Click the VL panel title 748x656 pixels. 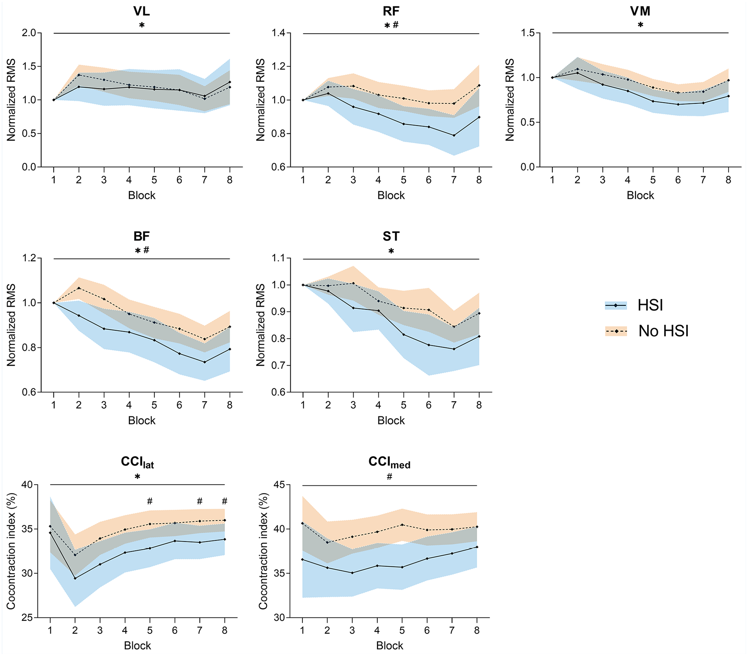tap(142, 11)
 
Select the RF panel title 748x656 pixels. tap(391, 11)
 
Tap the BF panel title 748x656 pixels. tap(142, 236)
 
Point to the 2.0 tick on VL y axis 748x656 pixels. tap(29, 33)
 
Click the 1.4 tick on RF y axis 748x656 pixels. tap(278, 33)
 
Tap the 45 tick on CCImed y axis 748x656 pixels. tap(280, 485)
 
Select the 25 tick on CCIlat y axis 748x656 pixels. tap(27, 617)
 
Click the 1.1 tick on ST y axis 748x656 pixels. tap(278, 258)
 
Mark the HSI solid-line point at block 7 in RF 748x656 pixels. tap(454, 135)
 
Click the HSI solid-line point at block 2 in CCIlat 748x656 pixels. tap(75, 578)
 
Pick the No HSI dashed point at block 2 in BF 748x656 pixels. tap(79, 288)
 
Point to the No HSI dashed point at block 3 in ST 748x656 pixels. tap(353, 283)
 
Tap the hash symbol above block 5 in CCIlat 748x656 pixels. tap(150, 501)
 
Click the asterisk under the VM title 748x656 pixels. tap(640, 25)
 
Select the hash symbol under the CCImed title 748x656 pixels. tap(389, 476)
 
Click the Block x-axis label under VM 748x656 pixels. tap(640, 195)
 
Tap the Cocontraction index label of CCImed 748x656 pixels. tap(263, 551)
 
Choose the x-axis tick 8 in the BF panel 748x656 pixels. tap(230, 405)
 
